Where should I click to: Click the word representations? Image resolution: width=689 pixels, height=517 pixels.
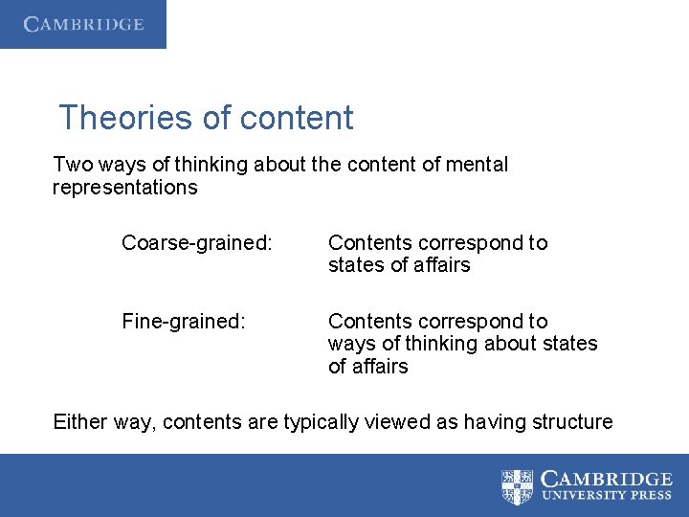coord(124,188)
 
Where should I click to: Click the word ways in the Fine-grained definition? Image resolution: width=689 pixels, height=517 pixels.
coord(349,344)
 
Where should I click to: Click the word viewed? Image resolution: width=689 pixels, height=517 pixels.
coord(394,421)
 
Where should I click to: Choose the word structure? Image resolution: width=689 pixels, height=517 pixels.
coord(573,421)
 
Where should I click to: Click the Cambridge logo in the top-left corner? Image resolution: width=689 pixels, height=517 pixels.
coord(83,24)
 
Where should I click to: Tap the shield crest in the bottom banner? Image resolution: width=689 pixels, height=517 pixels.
coord(518,486)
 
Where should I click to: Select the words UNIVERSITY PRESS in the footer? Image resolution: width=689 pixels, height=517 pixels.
coord(607,497)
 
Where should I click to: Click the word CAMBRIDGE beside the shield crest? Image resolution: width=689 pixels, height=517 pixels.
coord(607,479)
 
